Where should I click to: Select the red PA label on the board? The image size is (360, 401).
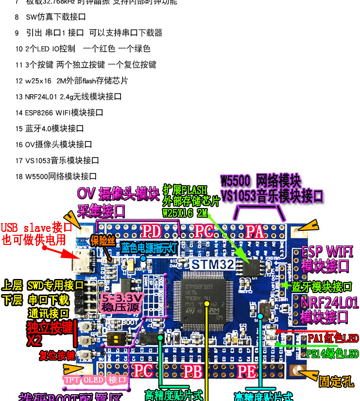pyautogui.click(x=254, y=231)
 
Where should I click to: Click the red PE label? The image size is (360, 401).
pyautogui.click(x=246, y=372)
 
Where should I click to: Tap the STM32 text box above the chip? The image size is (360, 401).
pyautogui.click(x=212, y=264)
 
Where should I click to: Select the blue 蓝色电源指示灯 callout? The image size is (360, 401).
pyautogui.click(x=149, y=247)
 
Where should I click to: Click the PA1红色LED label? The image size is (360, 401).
pyautogui.click(x=333, y=338)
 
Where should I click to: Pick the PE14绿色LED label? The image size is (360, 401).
pyautogui.click(x=333, y=353)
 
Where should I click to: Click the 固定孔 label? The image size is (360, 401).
pyautogui.click(x=336, y=382)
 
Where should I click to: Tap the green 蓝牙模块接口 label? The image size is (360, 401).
pyautogui.click(x=322, y=286)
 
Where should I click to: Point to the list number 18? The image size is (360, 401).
pyautogui.click(x=19, y=176)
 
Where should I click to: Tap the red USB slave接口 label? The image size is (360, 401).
pyautogui.click(x=36, y=227)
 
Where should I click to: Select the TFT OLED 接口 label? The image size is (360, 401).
pyautogui.click(x=95, y=380)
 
